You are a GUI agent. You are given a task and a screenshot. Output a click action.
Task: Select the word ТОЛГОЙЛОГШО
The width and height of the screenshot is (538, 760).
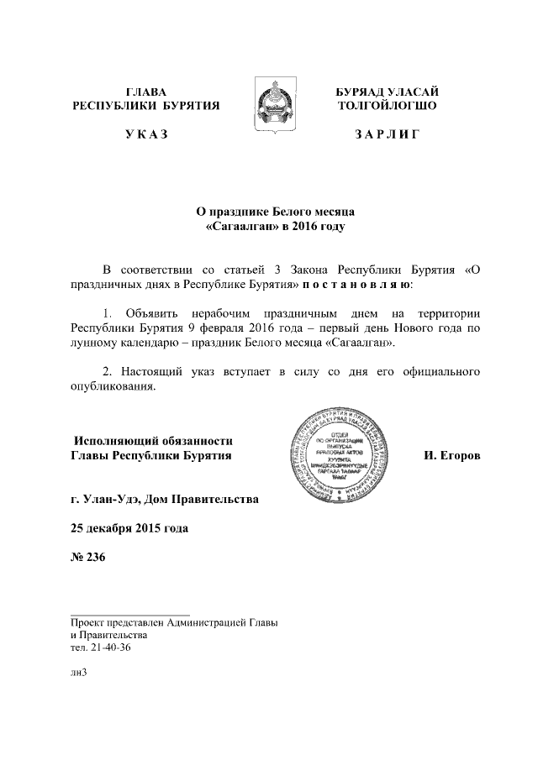click(x=388, y=106)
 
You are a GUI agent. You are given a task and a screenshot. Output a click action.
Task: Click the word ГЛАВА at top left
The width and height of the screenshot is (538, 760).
click(x=146, y=91)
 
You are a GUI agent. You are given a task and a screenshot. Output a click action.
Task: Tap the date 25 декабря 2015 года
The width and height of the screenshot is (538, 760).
click(x=129, y=528)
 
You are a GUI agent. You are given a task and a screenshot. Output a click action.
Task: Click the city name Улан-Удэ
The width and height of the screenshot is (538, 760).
click(x=110, y=501)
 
